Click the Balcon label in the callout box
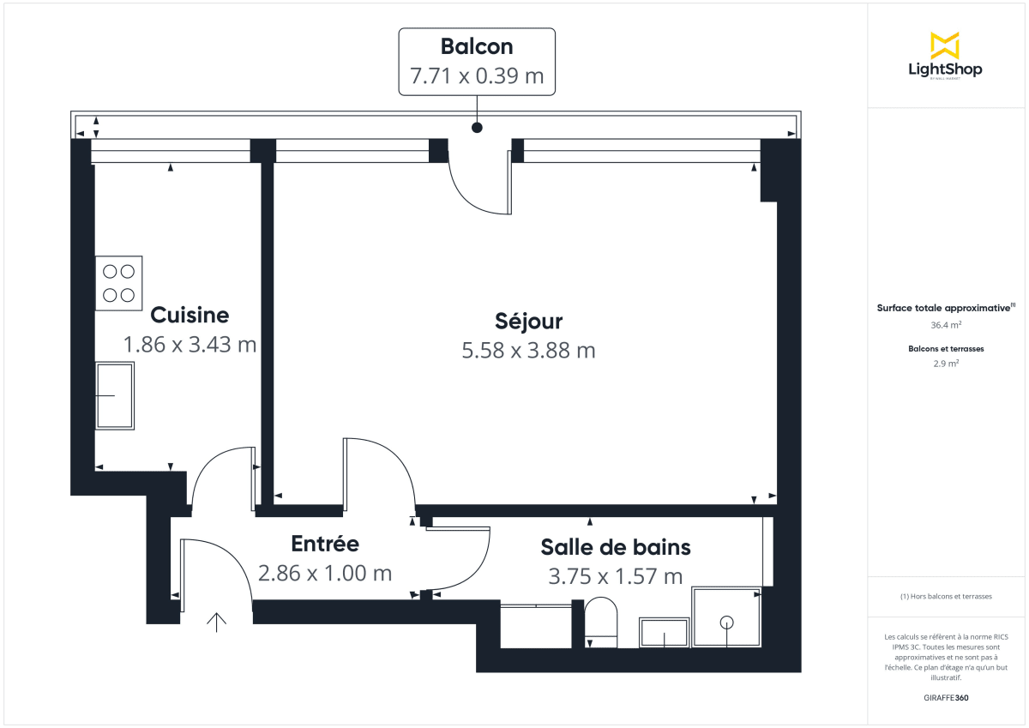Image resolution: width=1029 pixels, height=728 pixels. (x=477, y=46)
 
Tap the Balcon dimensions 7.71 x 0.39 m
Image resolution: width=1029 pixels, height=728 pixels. (x=477, y=75)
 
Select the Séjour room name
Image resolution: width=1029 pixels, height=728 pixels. (x=529, y=322)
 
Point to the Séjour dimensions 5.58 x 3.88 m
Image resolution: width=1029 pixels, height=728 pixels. (x=528, y=350)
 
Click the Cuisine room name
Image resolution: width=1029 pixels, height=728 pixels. (x=190, y=315)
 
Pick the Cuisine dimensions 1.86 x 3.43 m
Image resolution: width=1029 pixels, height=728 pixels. (x=190, y=345)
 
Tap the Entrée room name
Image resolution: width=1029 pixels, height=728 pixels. (x=325, y=544)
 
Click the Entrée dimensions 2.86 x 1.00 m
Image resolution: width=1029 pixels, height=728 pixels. (x=325, y=573)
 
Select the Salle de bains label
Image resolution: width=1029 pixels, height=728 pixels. (x=616, y=546)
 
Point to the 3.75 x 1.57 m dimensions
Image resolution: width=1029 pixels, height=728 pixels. (x=616, y=575)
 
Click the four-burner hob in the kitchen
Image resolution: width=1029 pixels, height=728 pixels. (x=119, y=283)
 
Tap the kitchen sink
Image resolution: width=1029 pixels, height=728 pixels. (x=116, y=395)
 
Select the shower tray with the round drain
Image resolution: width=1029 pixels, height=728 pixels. (x=726, y=617)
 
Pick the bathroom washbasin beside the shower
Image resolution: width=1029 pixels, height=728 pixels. (x=664, y=633)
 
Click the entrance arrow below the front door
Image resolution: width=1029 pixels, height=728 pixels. (x=216, y=622)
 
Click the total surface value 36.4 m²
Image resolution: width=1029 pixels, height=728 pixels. (x=945, y=325)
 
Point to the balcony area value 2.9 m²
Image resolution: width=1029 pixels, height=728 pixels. (x=945, y=364)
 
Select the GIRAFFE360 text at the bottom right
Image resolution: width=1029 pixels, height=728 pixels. (x=945, y=698)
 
